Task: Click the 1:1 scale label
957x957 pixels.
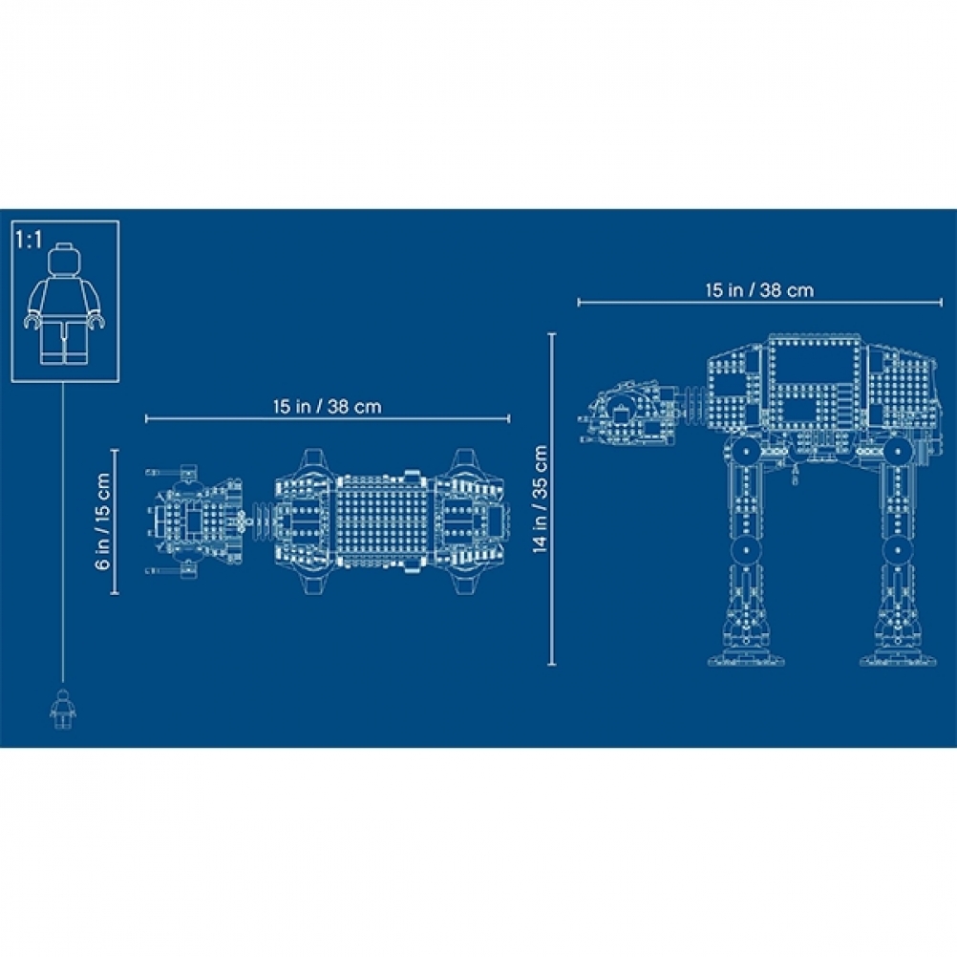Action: click(x=30, y=240)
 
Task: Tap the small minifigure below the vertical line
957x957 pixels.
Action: click(x=63, y=709)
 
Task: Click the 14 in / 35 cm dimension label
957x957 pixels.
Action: click(x=541, y=499)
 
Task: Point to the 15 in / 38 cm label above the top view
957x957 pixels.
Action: click(x=328, y=407)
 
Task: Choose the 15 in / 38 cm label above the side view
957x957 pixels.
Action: click(x=760, y=290)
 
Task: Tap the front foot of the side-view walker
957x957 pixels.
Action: click(x=746, y=653)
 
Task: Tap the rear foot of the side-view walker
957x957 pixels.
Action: click(x=898, y=653)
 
